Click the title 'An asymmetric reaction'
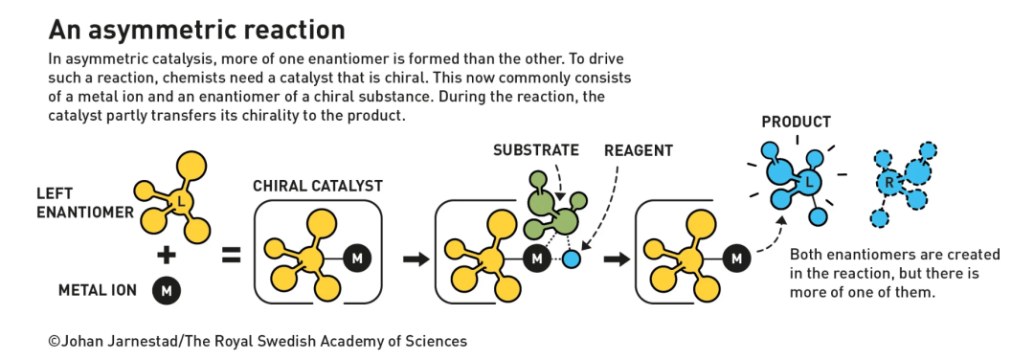[x=197, y=31]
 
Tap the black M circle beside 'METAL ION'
[x=167, y=291]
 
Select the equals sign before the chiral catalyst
[x=231, y=256]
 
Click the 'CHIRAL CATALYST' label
[x=318, y=187]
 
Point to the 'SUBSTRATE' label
[x=536, y=150]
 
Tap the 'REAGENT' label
[x=639, y=151]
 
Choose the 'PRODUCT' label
[x=796, y=122]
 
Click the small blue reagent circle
[x=572, y=259]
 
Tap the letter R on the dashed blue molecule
[x=888, y=183]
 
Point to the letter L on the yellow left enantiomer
[x=181, y=201]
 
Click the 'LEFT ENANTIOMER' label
[x=85, y=204]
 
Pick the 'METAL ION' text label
[x=98, y=291]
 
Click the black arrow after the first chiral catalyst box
[x=416, y=259]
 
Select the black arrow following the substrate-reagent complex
[x=617, y=259]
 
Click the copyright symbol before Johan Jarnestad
[x=55, y=342]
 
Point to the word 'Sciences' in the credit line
[x=438, y=342]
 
